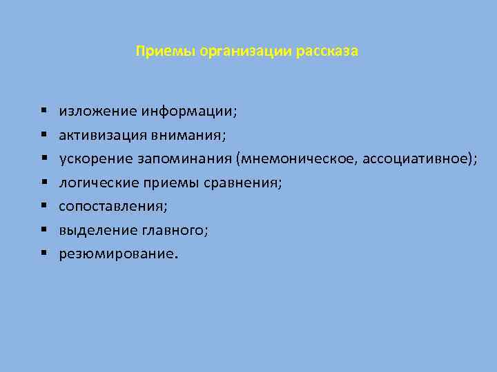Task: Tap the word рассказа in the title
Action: (x=329, y=52)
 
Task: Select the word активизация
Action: (x=100, y=134)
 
